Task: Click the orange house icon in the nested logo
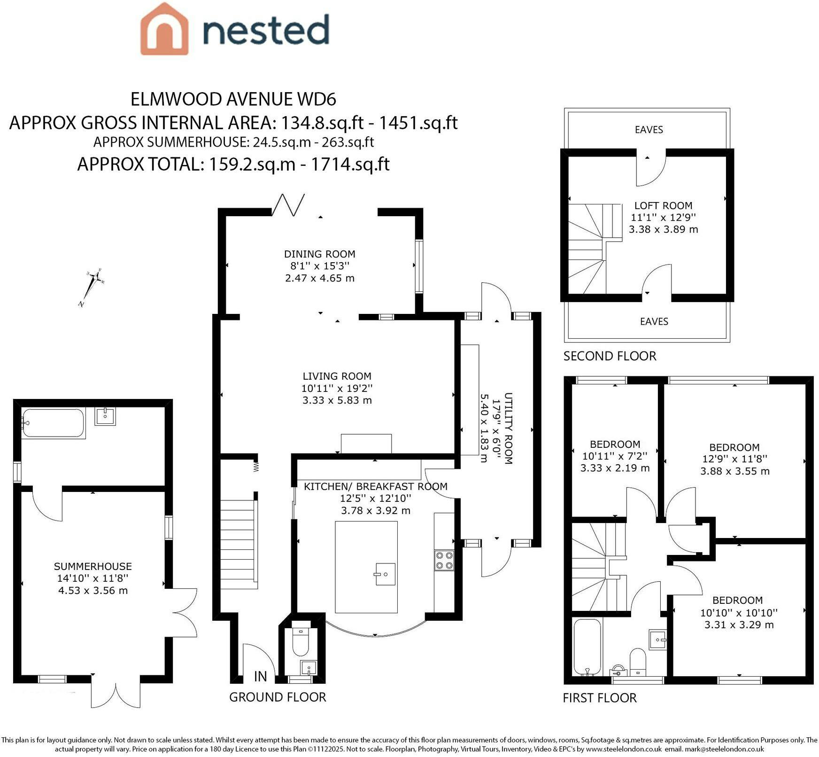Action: pos(164,29)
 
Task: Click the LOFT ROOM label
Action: pos(663,205)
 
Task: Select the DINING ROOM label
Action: pos(319,254)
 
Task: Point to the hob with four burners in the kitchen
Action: pos(444,560)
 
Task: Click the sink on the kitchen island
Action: pos(385,574)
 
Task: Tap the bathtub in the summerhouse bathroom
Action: pos(53,423)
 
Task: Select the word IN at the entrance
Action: pos(261,676)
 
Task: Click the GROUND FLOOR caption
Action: pos(278,697)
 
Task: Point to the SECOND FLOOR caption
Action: pos(610,356)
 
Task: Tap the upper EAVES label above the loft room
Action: pos(649,130)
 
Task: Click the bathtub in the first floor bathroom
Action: pos(587,648)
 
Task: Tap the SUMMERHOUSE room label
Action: pos(93,566)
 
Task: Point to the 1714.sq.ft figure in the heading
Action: pos(350,164)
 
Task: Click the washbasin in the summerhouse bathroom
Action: pos(105,416)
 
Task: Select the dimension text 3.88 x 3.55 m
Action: pos(735,471)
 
